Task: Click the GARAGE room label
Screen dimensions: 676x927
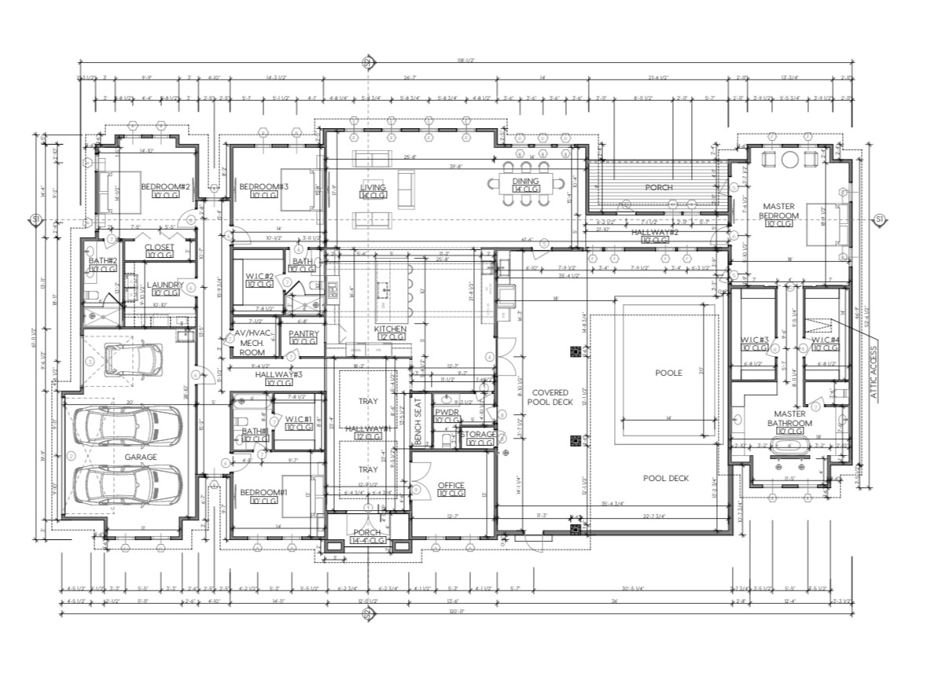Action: (142, 457)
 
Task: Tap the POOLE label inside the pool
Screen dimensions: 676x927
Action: (668, 373)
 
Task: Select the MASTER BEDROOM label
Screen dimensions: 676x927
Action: (779, 211)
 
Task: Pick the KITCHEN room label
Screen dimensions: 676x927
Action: (389, 329)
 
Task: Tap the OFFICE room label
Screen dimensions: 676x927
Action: (451, 485)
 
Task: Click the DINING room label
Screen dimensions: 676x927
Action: (525, 181)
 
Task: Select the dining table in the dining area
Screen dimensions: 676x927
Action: (526, 186)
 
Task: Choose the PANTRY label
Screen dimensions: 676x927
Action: (303, 334)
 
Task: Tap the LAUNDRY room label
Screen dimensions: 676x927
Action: (164, 285)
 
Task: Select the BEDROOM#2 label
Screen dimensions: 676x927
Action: (167, 186)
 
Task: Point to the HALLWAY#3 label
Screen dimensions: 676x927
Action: (274, 375)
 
